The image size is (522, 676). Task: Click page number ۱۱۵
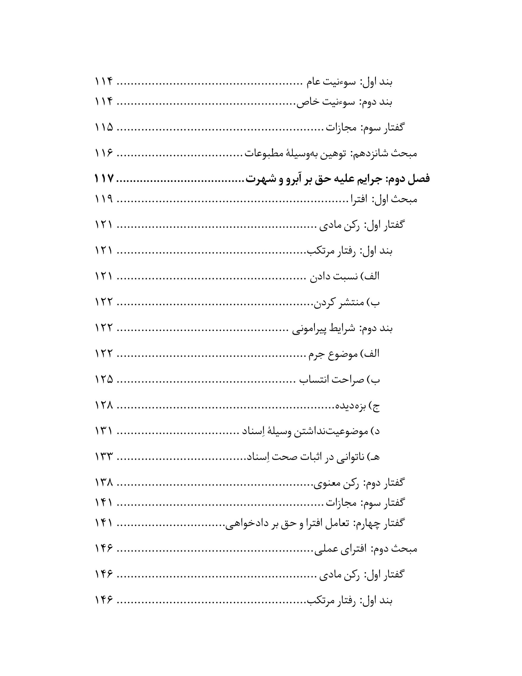pyautogui.click(x=104, y=127)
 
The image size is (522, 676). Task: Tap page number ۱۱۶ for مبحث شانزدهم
pyautogui.click(x=104, y=153)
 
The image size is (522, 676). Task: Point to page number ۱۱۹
pyautogui.click(x=104, y=199)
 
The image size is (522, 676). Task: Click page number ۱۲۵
pyautogui.click(x=104, y=379)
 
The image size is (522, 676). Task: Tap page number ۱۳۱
pyautogui.click(x=104, y=431)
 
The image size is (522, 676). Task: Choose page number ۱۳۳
pyautogui.click(x=104, y=457)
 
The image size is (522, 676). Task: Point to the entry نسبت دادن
pyautogui.click(x=334, y=276)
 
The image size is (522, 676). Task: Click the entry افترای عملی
pyautogui.click(x=340, y=549)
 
